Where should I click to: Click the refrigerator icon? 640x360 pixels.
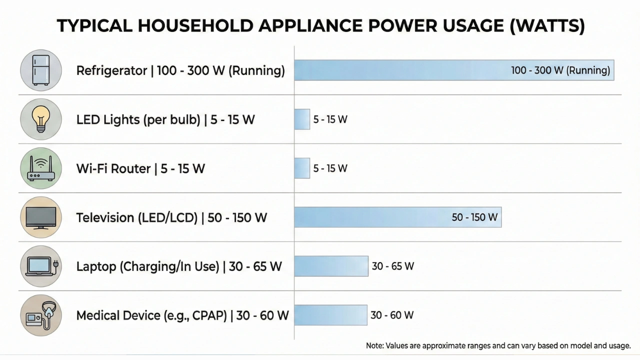click(41, 70)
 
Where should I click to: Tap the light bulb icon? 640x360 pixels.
click(41, 119)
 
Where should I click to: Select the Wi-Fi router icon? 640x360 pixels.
click(41, 168)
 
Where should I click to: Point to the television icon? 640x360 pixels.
click(41, 217)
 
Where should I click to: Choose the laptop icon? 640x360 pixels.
click(41, 266)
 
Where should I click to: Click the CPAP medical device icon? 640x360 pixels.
click(41, 315)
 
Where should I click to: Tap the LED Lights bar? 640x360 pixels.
click(302, 119)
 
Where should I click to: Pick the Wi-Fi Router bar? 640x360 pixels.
click(302, 168)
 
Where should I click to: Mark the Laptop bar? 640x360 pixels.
click(331, 266)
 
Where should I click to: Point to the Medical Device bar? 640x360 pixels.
click(330, 315)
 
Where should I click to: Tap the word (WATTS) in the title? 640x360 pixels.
click(547, 26)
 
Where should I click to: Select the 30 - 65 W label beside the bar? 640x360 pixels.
click(393, 266)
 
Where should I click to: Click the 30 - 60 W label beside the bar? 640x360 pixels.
click(392, 315)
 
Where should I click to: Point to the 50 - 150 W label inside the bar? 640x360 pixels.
click(474, 217)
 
